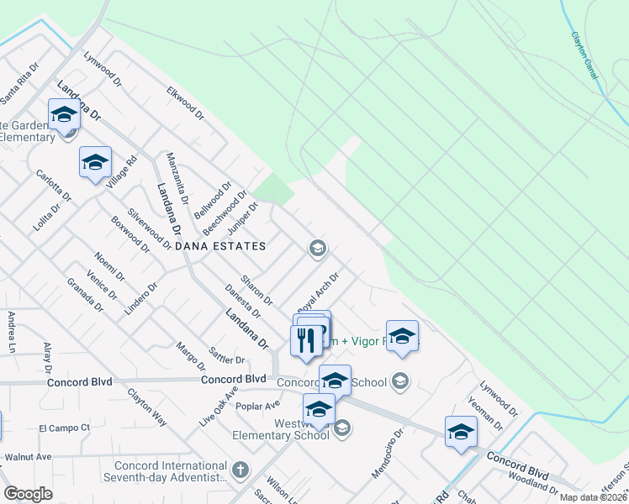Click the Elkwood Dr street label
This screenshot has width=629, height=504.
(186, 102)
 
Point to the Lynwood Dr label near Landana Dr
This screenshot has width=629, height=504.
(103, 71)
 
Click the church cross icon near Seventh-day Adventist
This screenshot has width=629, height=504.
(241, 469)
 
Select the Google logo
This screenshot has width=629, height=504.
(28, 494)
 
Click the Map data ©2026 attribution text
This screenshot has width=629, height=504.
(593, 496)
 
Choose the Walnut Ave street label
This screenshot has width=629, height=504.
(28, 457)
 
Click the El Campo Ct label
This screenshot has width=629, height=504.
(65, 428)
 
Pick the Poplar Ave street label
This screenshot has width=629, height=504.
(257, 406)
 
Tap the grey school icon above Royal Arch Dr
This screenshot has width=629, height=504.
(317, 247)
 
